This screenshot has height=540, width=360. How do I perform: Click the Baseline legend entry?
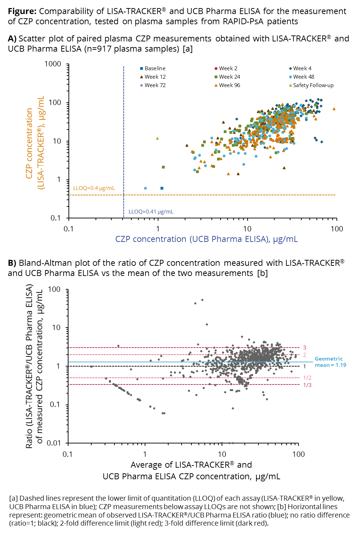coord(155,68)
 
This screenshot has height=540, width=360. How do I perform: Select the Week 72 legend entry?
coord(155,85)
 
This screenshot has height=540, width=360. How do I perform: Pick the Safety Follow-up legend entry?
coord(313,85)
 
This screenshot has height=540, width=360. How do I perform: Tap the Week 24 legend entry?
coord(229,77)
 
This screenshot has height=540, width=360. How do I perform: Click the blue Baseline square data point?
coord(162,188)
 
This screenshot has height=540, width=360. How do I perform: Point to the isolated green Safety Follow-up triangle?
coord(157,138)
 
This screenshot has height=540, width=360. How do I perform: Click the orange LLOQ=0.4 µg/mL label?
coord(94,188)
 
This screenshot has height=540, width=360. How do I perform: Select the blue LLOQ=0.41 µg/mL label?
coord(151,212)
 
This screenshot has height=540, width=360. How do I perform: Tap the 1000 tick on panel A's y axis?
coord(53,64)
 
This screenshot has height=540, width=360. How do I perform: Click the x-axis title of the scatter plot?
coord(207,239)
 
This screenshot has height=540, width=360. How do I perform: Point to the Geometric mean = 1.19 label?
coord(330,362)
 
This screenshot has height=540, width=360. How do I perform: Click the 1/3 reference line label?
coord(307,385)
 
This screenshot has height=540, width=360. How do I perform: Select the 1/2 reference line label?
coord(307,378)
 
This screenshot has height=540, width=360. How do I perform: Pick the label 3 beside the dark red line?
coord(305,348)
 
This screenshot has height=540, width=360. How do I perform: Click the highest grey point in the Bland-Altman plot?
coord(202,300)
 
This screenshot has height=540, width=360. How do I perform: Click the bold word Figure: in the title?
coord(22,11)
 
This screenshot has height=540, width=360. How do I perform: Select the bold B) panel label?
coord(12,263)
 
